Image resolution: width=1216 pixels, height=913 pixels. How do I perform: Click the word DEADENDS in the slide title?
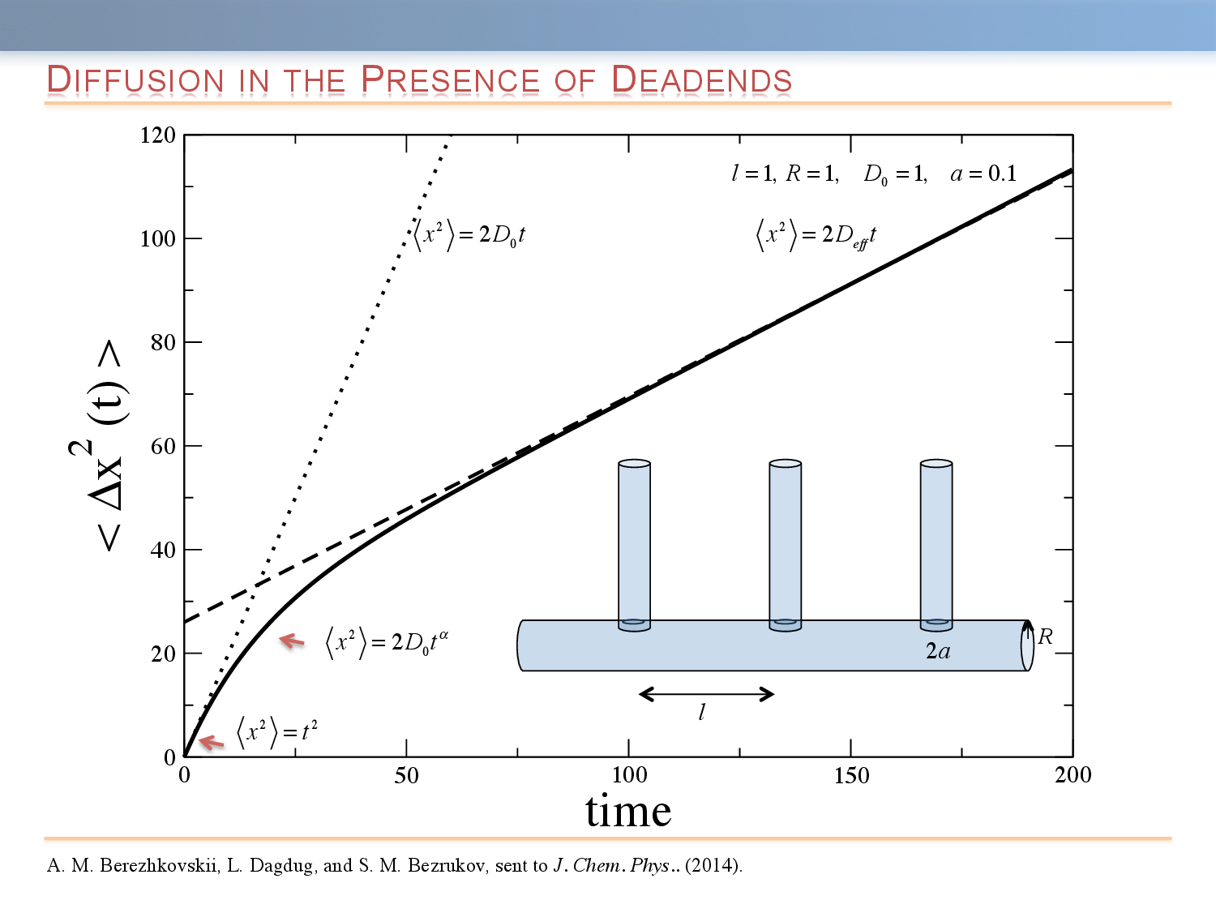pos(701,80)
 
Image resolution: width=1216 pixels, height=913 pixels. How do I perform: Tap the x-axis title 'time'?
pos(628,811)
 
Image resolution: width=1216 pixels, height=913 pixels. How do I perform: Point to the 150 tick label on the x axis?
pos(851,776)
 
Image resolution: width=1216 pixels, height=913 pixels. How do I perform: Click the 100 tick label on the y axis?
pos(158,239)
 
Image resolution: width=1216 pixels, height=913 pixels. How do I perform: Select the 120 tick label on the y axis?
pos(158,135)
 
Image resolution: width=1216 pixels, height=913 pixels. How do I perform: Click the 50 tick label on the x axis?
pos(406,776)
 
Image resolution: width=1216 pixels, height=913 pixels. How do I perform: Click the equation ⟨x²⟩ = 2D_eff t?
pos(816,235)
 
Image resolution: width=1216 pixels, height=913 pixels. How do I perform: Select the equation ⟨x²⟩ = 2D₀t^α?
pos(387,642)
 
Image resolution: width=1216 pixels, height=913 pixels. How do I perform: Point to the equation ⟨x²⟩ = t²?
pos(277,731)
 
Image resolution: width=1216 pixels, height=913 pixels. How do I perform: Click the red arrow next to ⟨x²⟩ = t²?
pos(211,741)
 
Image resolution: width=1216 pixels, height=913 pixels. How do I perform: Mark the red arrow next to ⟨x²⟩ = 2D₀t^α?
pos(292,641)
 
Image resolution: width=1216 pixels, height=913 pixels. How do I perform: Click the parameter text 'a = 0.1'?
pos(983,174)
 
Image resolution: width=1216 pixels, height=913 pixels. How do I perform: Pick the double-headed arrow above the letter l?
pos(706,694)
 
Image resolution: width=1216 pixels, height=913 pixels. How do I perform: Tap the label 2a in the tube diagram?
pos(938,651)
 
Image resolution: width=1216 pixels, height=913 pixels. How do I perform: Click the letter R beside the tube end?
pos(1046,637)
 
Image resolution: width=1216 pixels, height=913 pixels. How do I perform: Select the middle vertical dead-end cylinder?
pos(785,543)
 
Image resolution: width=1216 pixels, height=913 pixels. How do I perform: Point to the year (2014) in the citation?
pos(713,866)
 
